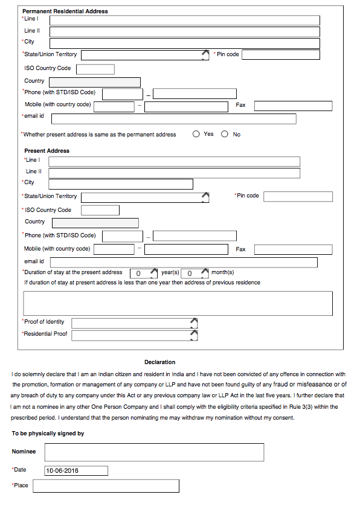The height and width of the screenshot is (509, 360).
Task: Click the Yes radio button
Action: (196, 134)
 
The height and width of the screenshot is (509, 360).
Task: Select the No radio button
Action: (225, 134)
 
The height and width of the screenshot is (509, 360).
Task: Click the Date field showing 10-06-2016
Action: (76, 470)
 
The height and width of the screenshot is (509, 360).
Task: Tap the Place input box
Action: (106, 485)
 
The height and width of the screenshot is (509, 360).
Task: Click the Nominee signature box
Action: (154, 452)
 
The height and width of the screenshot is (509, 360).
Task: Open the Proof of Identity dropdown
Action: (135, 322)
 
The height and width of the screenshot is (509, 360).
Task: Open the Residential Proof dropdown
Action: (135, 335)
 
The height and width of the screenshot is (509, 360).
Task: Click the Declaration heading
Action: (160, 362)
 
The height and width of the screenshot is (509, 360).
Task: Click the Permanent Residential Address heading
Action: (65, 11)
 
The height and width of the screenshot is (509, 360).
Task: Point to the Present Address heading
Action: (47, 150)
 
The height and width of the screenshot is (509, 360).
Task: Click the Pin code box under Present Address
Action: (298, 196)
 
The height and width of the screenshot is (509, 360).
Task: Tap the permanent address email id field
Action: (174, 118)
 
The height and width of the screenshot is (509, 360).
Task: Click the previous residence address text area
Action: (178, 303)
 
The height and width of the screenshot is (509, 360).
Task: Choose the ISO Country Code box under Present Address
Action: (100, 210)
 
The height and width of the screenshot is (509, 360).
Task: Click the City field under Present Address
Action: (121, 184)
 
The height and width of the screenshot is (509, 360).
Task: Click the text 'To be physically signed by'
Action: (48, 434)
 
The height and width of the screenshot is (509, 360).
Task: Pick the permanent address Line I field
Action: (184, 20)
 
